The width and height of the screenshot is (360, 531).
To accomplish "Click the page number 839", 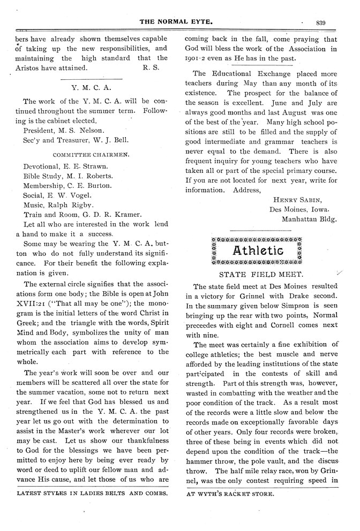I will coord(321,22).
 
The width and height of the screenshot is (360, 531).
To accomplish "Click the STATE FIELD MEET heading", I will coord(258,273).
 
